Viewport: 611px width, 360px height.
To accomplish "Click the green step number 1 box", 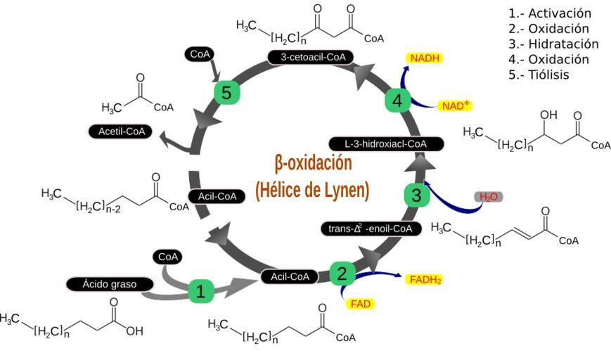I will (200, 290).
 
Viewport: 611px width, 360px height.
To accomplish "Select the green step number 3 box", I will (416, 195).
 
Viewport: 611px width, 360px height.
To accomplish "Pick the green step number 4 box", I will (397, 101).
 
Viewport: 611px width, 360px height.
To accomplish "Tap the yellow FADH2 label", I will (425, 280).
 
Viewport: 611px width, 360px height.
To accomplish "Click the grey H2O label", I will (488, 197).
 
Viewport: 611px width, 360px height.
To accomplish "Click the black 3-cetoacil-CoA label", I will (310, 57).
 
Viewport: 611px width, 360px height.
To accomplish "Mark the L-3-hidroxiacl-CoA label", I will (386, 143).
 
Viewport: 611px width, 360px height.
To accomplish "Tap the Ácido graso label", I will (110, 284).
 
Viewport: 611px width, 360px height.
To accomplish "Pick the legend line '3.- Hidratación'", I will (553, 44).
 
